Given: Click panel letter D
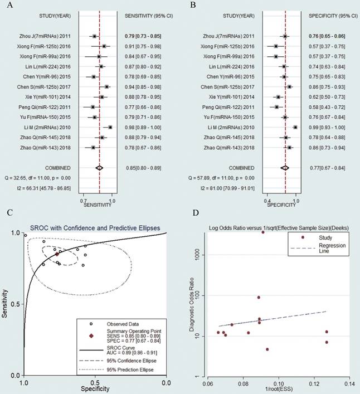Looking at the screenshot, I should [193, 212].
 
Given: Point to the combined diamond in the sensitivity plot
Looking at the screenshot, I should [99, 167].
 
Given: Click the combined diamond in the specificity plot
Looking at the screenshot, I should [285, 167].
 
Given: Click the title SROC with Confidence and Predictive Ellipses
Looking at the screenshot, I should [95, 228].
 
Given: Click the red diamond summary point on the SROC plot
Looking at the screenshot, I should [57, 254].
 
